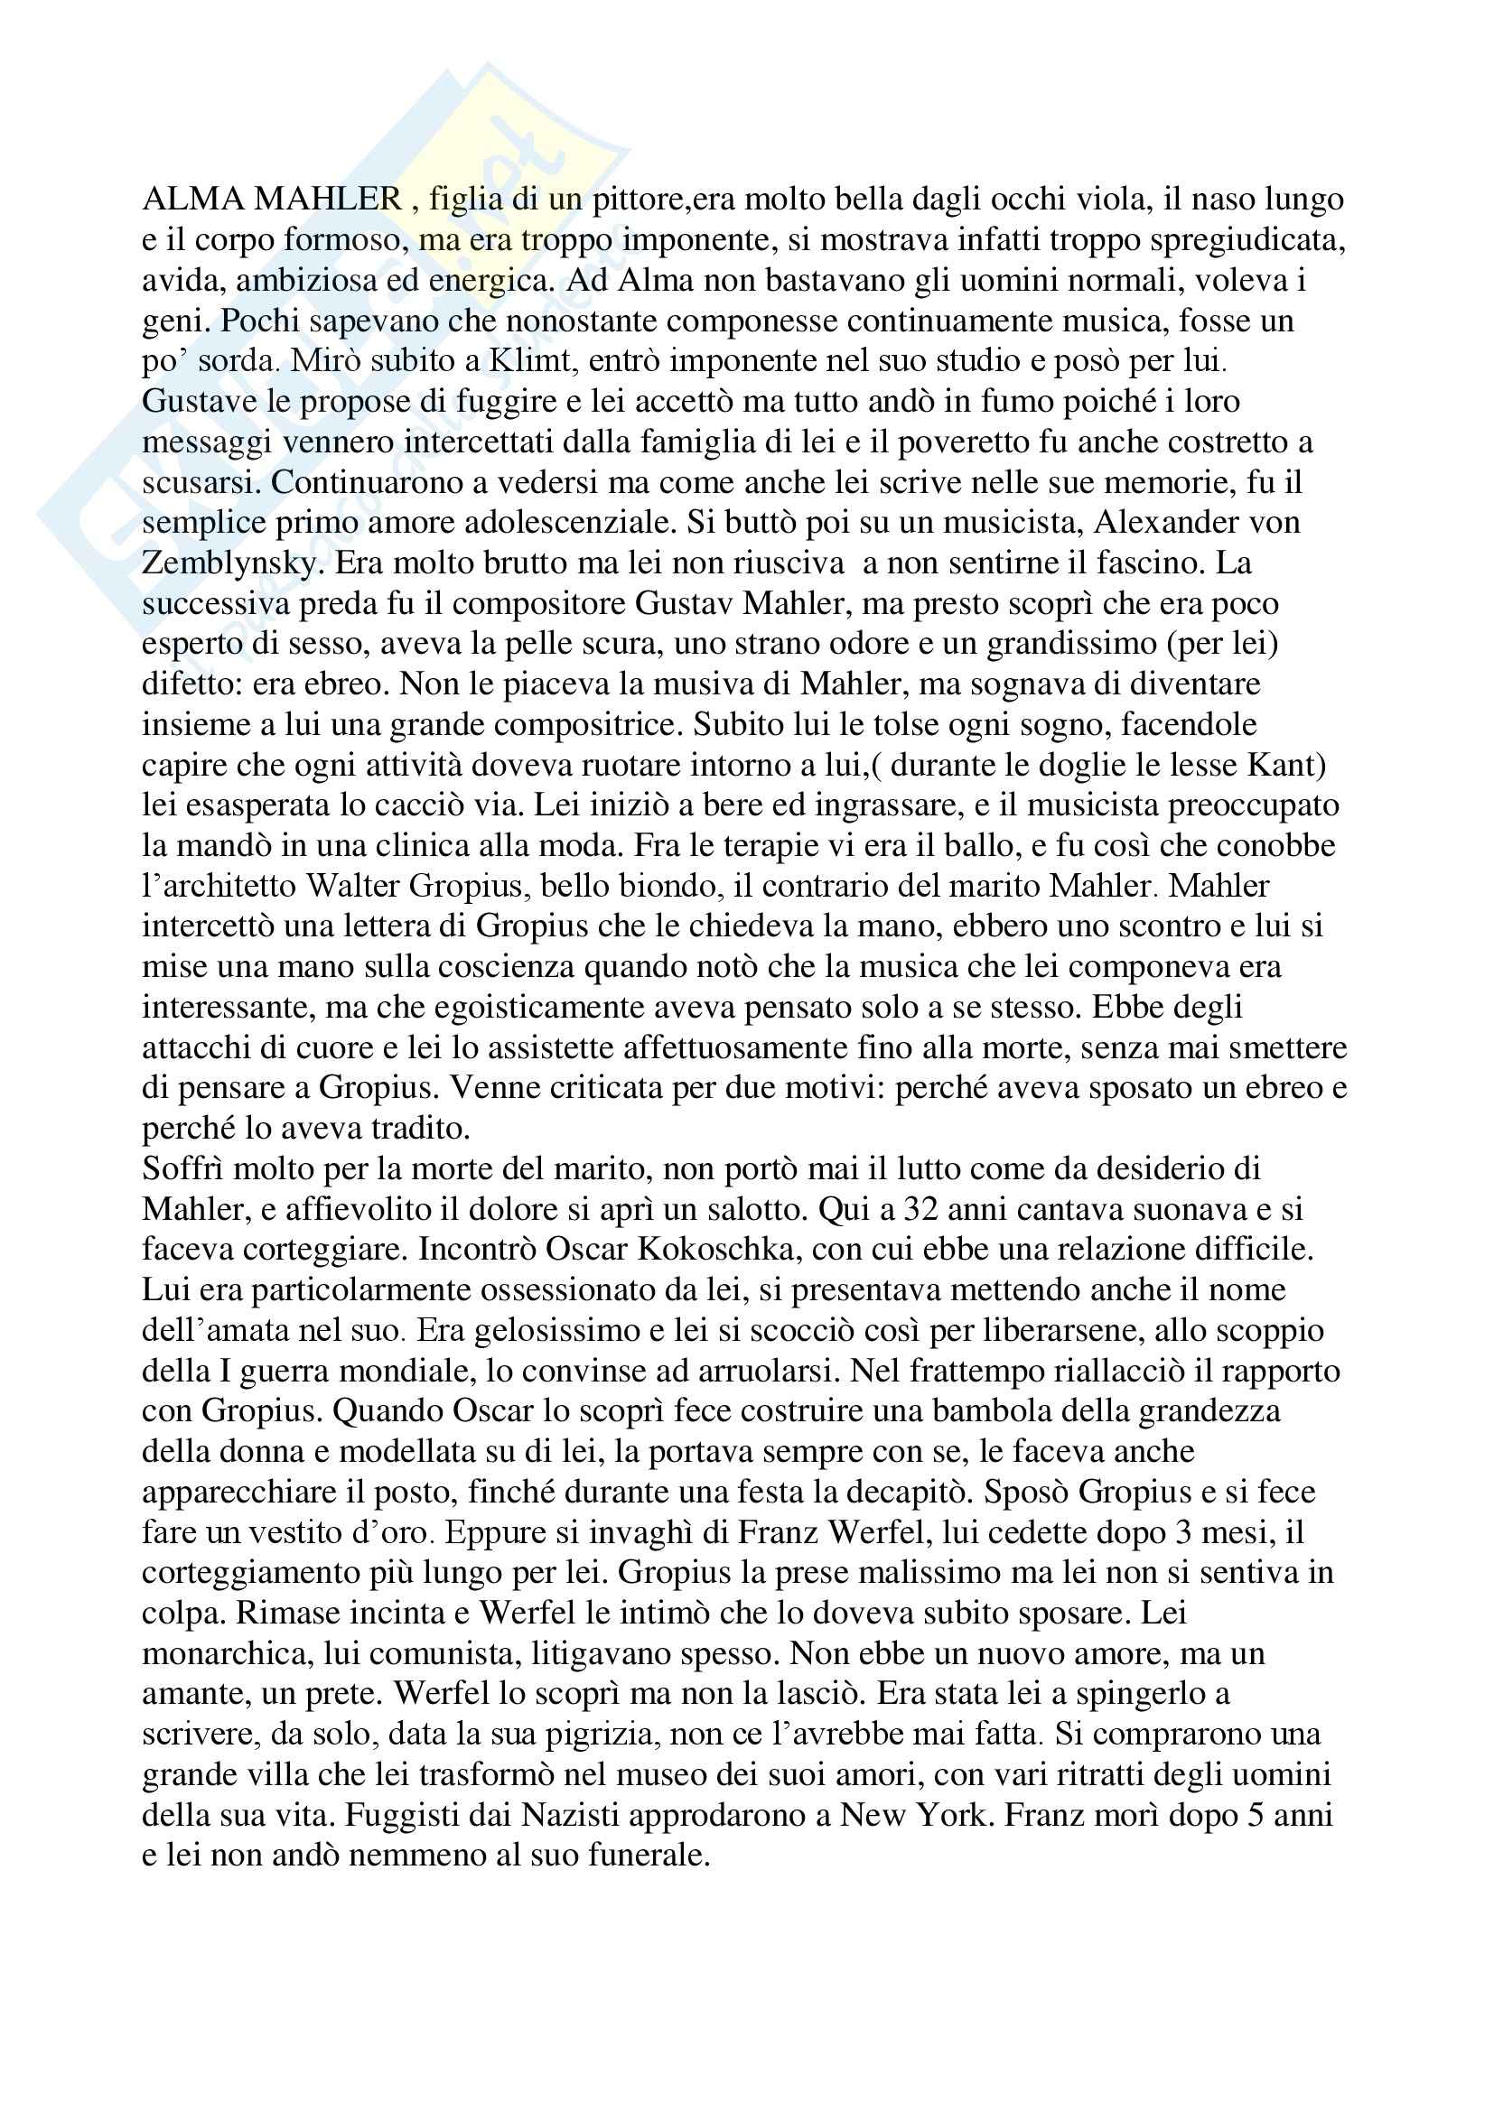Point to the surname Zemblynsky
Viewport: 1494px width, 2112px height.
229,563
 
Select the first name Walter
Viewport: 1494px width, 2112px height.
354,887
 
